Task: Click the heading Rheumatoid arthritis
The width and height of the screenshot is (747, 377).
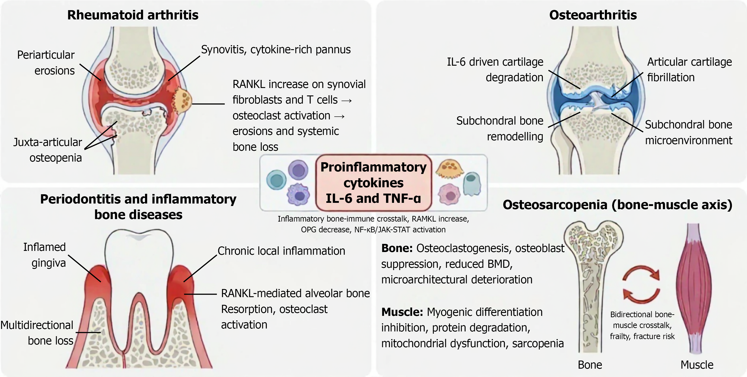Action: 133,15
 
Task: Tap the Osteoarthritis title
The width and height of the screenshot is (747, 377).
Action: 593,15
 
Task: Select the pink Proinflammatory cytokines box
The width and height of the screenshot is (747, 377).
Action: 374,183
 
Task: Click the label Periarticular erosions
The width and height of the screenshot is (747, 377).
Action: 46,62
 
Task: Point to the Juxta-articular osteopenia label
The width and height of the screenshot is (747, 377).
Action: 48,150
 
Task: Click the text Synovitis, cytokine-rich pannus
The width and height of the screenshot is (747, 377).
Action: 276,49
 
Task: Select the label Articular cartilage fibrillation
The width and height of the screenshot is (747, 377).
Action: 690,69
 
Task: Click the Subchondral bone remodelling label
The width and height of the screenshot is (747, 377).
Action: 500,129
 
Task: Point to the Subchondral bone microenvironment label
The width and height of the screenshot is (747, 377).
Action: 689,132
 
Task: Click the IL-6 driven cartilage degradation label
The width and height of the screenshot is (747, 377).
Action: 495,69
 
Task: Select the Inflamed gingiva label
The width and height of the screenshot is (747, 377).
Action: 45,255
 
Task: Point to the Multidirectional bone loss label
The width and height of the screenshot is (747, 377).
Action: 37,333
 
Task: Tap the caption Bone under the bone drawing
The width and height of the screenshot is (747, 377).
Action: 590,365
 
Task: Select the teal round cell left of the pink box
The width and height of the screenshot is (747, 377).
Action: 276,180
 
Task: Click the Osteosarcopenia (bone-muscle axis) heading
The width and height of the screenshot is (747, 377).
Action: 618,205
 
